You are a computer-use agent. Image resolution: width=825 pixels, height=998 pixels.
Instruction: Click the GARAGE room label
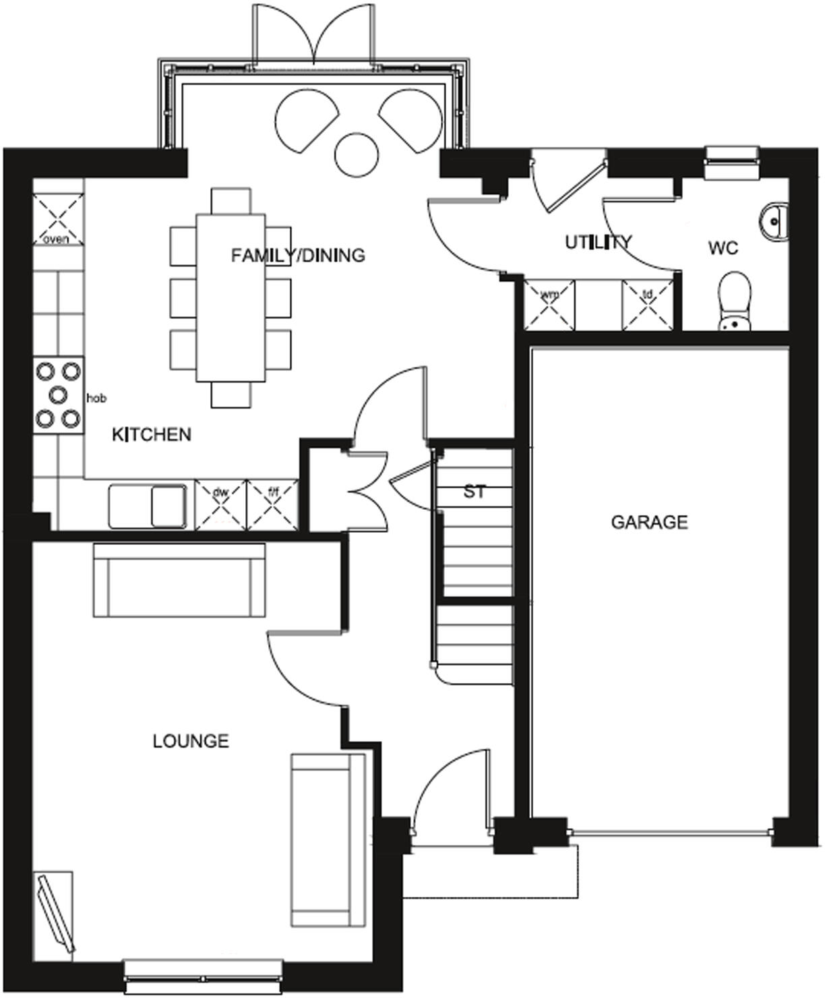(x=649, y=522)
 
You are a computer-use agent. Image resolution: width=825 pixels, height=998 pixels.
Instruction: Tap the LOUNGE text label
(x=191, y=741)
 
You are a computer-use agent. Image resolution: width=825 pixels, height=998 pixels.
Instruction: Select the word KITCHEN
(x=152, y=434)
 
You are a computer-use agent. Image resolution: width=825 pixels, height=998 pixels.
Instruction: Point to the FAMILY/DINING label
(x=298, y=255)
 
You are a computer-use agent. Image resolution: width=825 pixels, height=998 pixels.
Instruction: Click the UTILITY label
(x=598, y=241)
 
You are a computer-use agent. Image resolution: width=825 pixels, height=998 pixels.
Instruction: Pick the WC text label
(x=723, y=247)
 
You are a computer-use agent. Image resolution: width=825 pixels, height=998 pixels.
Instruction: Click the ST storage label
(x=475, y=492)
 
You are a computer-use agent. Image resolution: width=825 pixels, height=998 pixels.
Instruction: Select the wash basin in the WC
(x=774, y=220)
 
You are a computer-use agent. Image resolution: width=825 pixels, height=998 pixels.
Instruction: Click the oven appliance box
(x=59, y=219)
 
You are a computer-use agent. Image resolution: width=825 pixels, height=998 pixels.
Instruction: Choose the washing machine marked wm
(x=550, y=305)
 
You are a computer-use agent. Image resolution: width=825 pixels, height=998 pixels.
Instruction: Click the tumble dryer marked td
(x=647, y=305)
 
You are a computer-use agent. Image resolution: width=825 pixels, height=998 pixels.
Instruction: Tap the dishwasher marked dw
(x=220, y=504)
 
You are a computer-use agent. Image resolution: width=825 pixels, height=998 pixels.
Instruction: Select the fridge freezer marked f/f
(x=273, y=504)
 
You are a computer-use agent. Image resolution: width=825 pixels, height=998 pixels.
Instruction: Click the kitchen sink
(x=147, y=505)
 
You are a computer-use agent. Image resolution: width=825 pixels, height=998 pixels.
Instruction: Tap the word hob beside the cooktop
(x=96, y=399)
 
